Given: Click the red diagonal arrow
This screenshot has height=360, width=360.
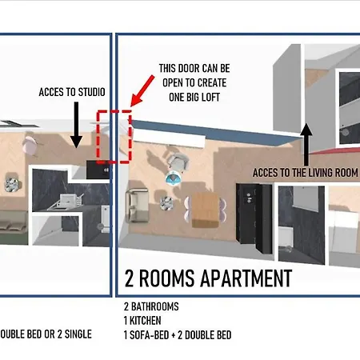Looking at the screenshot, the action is coord(142,91).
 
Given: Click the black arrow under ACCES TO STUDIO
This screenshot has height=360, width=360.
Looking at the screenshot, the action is coord(76,125).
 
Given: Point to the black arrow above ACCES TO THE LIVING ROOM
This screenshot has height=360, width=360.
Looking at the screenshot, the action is coord(306,144).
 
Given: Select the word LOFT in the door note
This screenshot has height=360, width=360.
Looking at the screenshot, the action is coord(209,98).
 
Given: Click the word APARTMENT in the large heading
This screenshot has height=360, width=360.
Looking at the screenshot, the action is coord(246,278).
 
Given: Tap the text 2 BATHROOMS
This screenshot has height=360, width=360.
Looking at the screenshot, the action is coord(151,306).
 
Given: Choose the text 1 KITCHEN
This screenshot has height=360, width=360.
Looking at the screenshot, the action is coord(142,321).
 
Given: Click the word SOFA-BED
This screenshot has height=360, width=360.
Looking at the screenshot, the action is coord(150,335).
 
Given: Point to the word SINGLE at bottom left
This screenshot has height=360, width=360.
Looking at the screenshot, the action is coord(78,334).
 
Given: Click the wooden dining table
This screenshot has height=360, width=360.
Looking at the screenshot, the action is coord(205,210).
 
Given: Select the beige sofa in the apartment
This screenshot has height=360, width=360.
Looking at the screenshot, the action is coord(137,206).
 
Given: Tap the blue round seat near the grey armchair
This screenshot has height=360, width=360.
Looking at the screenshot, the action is coord(174,178).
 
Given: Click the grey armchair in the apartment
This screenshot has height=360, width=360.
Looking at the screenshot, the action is coord(178,162).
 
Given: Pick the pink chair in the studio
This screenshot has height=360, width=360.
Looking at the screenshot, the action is coord(30,144).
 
